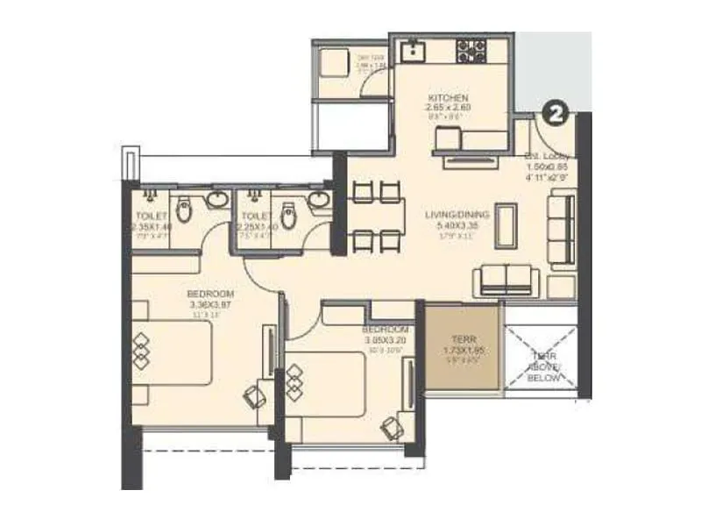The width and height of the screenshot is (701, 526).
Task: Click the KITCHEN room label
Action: click(x=450, y=97)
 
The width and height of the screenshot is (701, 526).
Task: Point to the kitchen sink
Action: click(x=411, y=51)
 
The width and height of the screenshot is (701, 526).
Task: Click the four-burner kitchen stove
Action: click(x=471, y=51)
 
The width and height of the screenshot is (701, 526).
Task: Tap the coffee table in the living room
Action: click(x=506, y=229)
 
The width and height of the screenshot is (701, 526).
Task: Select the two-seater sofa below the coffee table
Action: click(x=506, y=281)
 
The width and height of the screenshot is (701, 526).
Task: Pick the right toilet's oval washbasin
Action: click(x=319, y=201)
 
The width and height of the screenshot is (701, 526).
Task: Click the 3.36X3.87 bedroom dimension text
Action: click(x=210, y=304)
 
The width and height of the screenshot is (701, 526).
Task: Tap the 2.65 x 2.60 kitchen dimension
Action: click(x=450, y=108)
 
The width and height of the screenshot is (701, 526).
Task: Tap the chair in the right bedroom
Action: click(x=391, y=426)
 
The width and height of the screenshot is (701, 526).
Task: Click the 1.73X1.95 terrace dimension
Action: click(x=462, y=350)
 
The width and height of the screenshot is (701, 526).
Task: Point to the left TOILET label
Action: click(x=152, y=216)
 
